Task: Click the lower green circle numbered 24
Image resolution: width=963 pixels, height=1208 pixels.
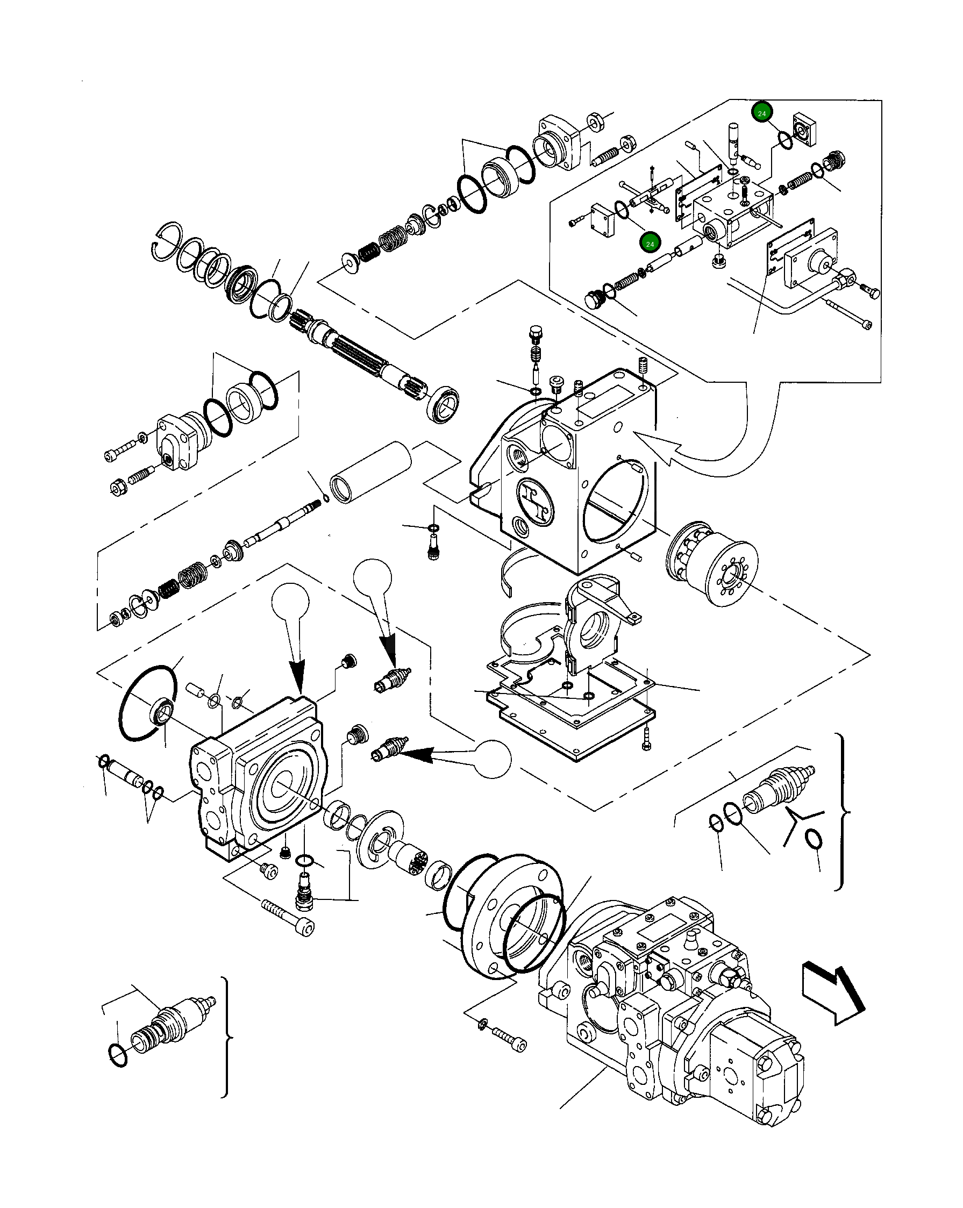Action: click(650, 244)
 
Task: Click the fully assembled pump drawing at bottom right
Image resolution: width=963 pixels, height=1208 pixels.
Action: click(673, 1003)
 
